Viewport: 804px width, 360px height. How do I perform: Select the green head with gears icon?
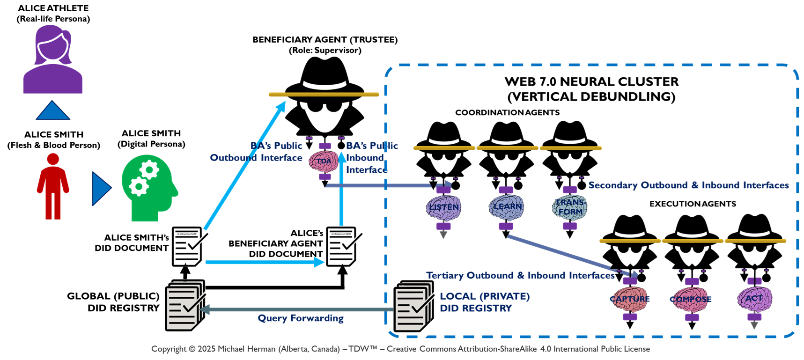pos(148,187)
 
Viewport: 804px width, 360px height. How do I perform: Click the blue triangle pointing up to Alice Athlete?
pos(53,110)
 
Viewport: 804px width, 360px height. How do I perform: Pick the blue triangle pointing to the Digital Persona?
pos(101,189)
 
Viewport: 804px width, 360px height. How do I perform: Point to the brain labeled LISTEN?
pos(443,207)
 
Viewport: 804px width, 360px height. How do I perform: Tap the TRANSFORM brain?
pos(569,207)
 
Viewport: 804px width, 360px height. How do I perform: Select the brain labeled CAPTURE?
pos(630,299)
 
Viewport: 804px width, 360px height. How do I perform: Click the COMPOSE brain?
pos(691,299)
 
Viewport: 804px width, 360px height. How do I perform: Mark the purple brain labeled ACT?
pos(754,299)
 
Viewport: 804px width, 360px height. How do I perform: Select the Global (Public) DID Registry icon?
pos(185,305)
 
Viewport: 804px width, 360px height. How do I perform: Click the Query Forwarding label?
pos(301,318)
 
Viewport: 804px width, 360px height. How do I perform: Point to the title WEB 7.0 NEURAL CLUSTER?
pos(591,82)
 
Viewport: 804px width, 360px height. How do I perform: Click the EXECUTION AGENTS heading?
pos(693,204)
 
